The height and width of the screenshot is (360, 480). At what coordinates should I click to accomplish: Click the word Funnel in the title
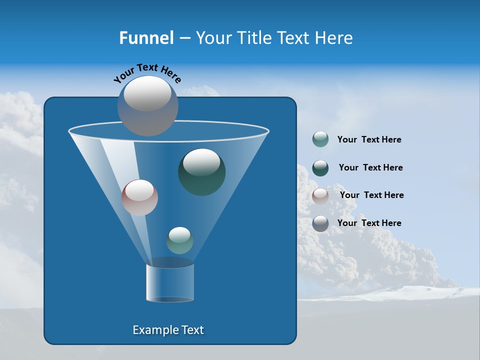(146, 38)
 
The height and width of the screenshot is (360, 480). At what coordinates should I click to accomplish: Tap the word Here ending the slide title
(333, 38)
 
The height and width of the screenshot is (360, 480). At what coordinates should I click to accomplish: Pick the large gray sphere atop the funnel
(147, 106)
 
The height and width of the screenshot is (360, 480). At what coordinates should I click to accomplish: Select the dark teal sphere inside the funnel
(201, 171)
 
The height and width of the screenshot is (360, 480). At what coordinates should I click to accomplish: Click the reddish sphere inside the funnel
(139, 197)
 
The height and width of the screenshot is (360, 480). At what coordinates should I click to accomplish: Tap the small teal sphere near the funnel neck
(179, 240)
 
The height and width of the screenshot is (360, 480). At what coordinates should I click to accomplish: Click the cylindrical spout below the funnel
(170, 282)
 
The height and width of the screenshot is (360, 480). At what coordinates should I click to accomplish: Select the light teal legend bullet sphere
(320, 139)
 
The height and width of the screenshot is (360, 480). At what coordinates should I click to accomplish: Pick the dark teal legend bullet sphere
(320, 168)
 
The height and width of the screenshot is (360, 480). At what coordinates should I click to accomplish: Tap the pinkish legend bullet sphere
(320, 196)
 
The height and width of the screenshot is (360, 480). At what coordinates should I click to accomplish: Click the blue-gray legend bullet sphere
(320, 223)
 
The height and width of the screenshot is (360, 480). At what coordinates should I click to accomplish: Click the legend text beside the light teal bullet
(369, 140)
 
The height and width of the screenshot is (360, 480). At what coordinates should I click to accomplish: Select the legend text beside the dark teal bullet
(370, 167)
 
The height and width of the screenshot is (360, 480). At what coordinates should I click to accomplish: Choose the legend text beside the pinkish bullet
(371, 195)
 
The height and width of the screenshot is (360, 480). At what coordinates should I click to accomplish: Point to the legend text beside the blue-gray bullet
(369, 223)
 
